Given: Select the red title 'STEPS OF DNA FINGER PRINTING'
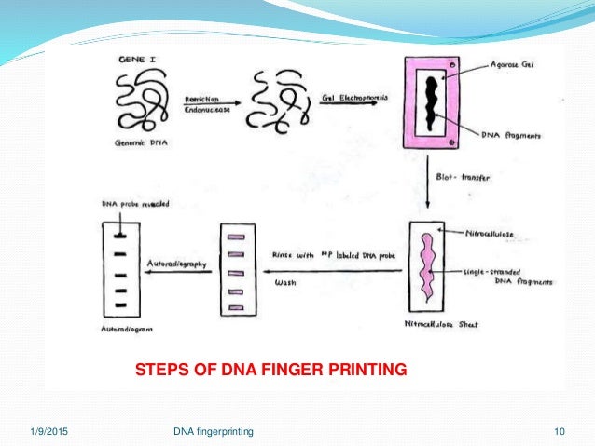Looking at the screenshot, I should (x=271, y=371).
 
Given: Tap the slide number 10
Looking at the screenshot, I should (x=560, y=430).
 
